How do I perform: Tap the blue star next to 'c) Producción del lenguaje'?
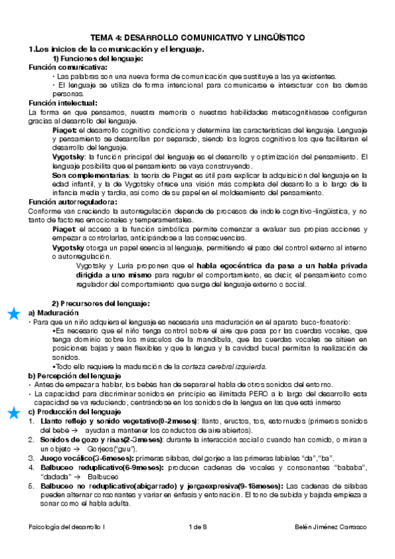13,413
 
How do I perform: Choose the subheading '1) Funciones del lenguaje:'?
98,59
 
